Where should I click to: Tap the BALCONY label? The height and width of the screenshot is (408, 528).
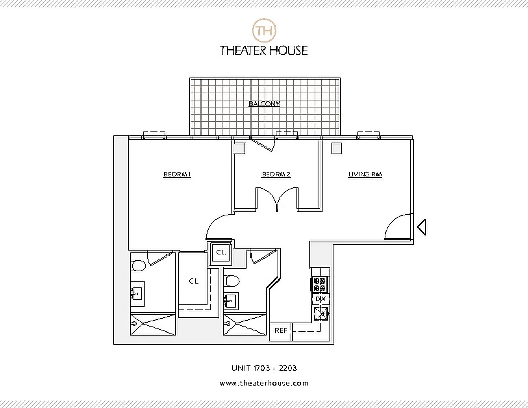[264, 104]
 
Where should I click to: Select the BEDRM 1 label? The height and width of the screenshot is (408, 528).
[177, 174]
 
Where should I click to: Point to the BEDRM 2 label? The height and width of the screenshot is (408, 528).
[276, 174]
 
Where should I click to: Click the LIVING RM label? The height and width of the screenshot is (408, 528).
[365, 174]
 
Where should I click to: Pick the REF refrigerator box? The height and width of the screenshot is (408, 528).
[281, 330]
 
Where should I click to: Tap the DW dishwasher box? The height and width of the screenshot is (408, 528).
[320, 299]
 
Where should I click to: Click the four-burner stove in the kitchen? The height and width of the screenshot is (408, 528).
[320, 284]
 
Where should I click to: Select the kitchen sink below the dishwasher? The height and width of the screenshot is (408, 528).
[321, 314]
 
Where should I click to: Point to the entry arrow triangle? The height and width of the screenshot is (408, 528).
[421, 226]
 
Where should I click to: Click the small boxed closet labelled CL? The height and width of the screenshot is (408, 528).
[221, 252]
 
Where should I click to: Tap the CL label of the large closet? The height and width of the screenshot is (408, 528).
[193, 281]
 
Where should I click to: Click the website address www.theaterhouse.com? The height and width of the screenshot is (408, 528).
[264, 383]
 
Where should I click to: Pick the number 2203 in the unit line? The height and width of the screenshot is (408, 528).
[287, 368]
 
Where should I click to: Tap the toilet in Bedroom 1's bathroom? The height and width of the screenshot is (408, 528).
[138, 265]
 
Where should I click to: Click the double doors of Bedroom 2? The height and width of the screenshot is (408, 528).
[276, 200]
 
